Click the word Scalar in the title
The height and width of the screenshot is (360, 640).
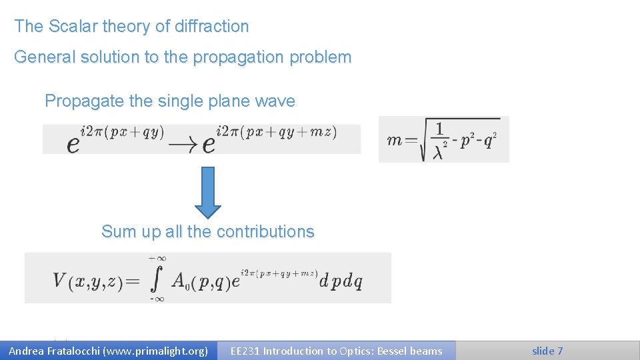click(x=70, y=27)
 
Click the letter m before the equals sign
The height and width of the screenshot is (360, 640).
click(x=394, y=140)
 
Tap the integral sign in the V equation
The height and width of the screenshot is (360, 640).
click(x=157, y=279)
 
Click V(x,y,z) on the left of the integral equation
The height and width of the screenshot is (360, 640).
click(x=87, y=281)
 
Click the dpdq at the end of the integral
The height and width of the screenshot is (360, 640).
click(x=341, y=281)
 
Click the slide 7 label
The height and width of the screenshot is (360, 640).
click(x=547, y=351)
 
